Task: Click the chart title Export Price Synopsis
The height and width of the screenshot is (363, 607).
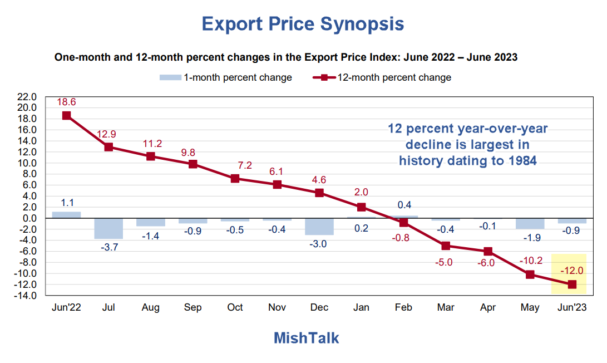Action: [303, 24]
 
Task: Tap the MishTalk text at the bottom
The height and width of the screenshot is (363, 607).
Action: [306, 337]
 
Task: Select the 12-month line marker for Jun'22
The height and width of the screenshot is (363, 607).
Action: [66, 116]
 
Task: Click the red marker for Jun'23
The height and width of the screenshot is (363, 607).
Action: [571, 284]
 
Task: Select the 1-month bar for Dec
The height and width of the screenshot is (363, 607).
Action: [319, 227]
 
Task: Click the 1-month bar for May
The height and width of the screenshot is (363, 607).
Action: [530, 224]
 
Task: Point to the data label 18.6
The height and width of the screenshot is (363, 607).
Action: [66, 102]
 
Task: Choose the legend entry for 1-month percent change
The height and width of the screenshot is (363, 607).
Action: [225, 77]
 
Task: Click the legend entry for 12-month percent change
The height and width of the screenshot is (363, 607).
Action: [382, 77]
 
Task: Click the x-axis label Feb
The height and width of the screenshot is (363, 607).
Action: [403, 307]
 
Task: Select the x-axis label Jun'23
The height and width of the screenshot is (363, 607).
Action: [571, 307]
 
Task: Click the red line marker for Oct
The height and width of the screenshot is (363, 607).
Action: [235, 179]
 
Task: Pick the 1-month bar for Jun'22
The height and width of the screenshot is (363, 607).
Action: [66, 215]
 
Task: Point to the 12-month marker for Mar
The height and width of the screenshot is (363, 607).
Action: [445, 246]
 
